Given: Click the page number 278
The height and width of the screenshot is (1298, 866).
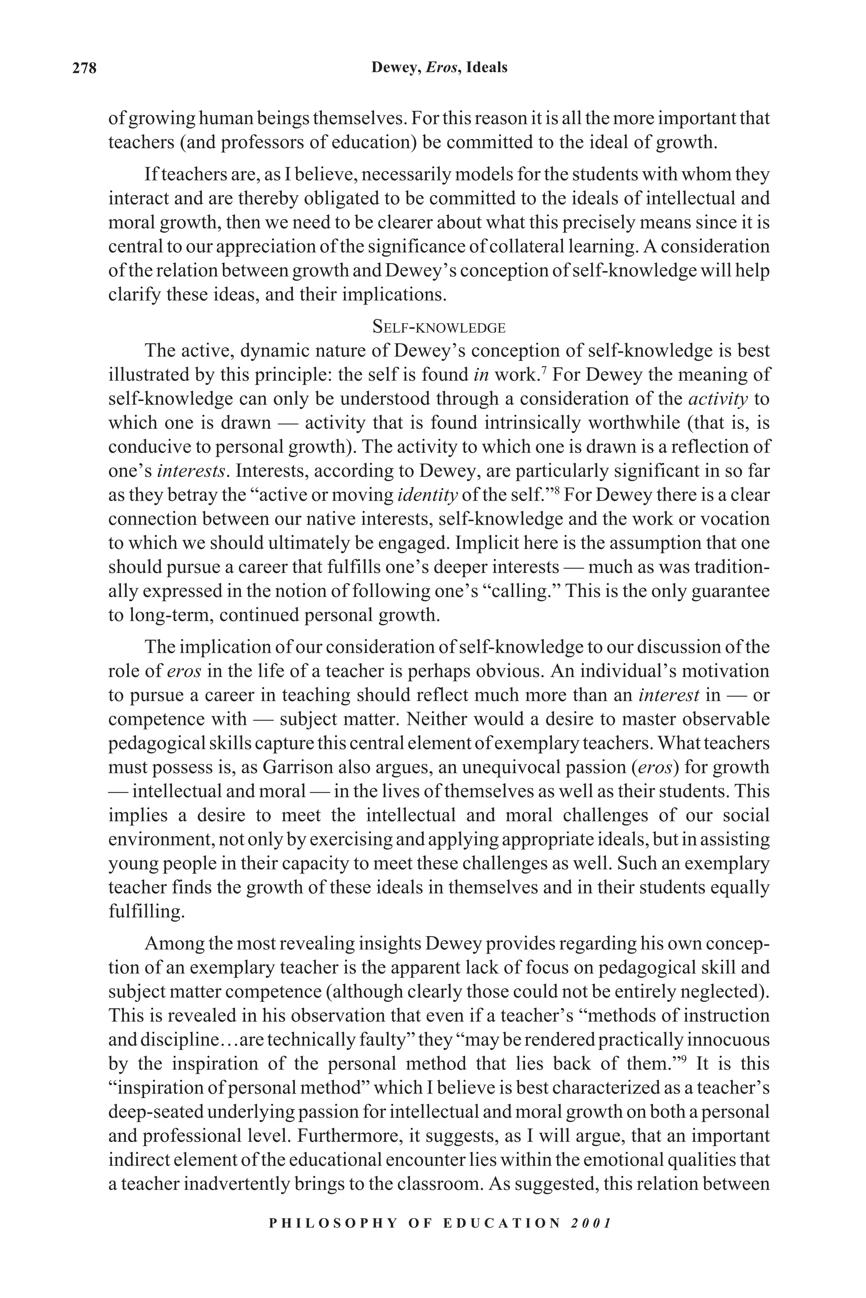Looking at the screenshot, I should (85, 68).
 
